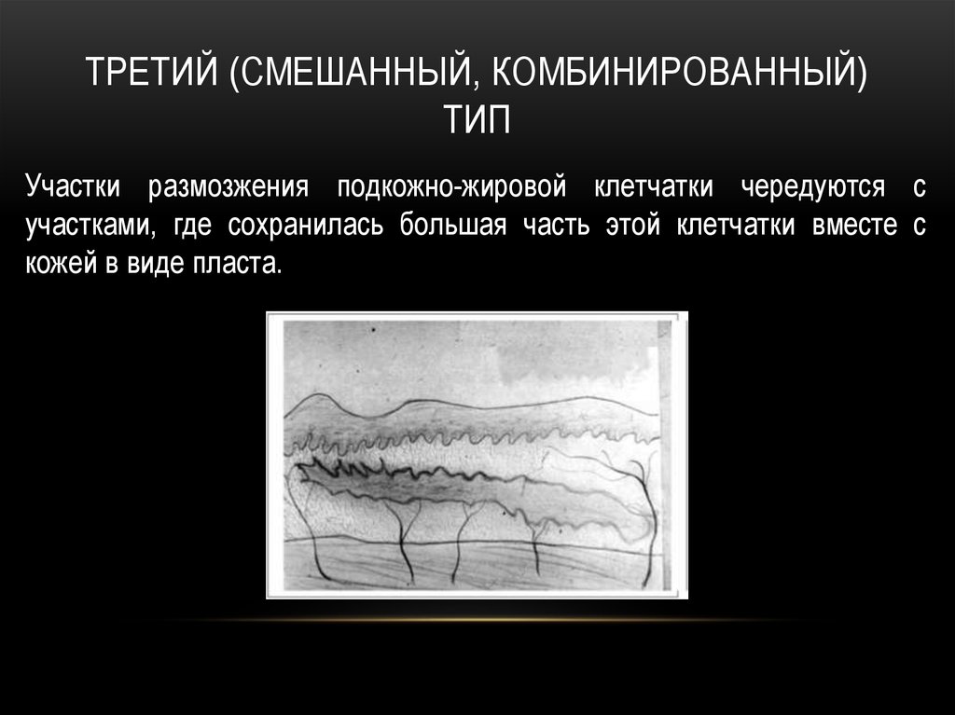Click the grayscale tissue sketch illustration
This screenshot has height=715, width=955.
[477, 455]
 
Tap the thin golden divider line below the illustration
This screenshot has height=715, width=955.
[477, 619]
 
